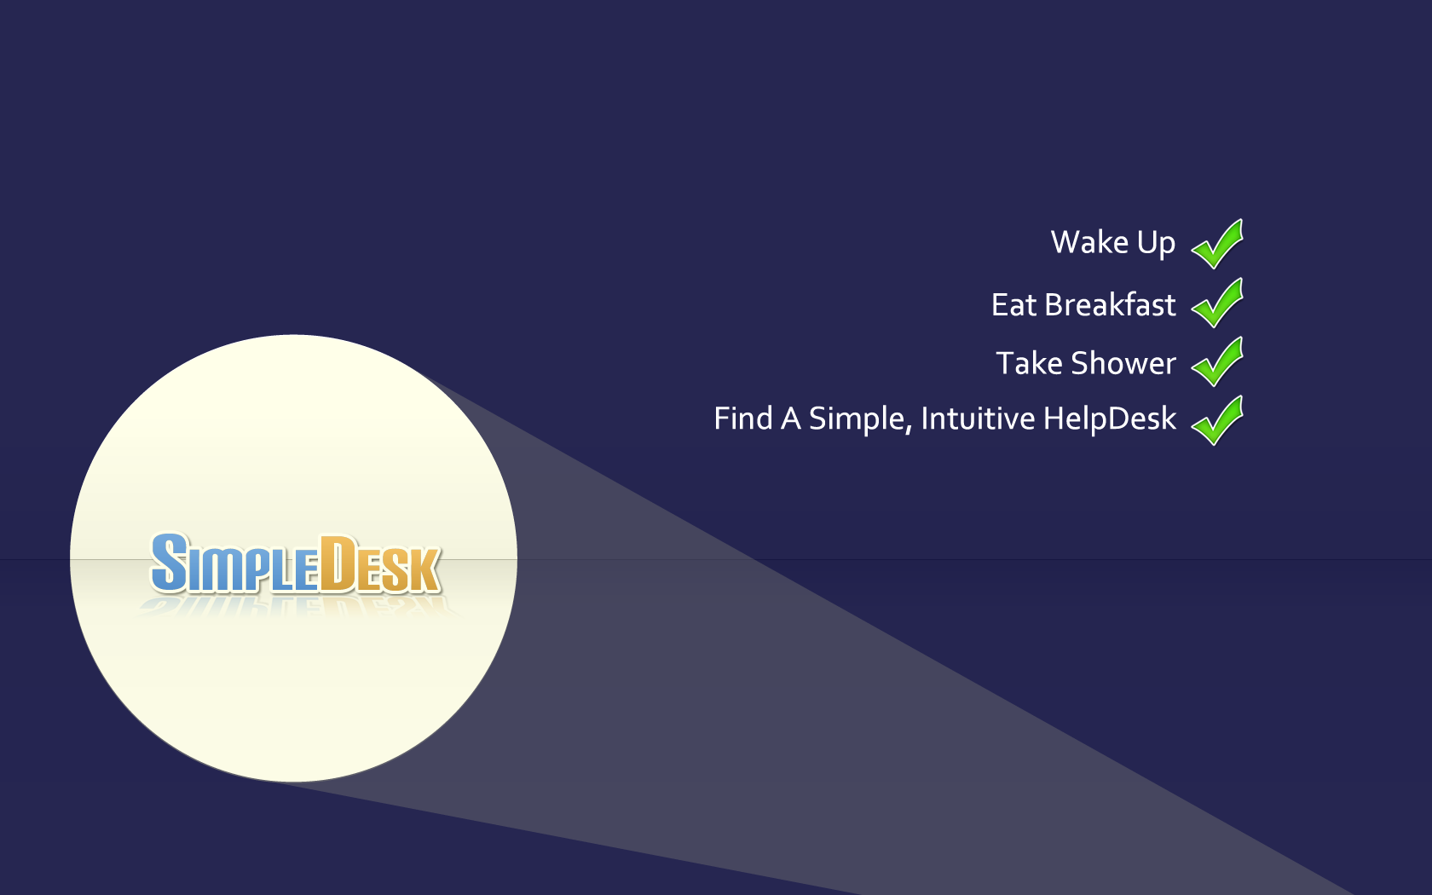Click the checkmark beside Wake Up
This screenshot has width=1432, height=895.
click(x=1217, y=244)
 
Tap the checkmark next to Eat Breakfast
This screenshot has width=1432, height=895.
click(x=1217, y=303)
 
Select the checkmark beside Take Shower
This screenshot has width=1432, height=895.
click(x=1217, y=361)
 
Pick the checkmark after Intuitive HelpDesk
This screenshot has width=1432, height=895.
click(x=1217, y=421)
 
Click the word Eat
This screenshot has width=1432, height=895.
click(x=1013, y=305)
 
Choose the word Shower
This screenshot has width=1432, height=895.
click(x=1123, y=363)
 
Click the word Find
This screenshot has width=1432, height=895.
click(x=743, y=418)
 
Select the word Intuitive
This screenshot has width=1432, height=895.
click(x=978, y=418)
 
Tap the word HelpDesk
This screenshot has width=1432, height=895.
click(x=1110, y=419)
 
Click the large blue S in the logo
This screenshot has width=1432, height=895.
click(x=169, y=563)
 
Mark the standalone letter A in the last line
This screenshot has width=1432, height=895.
click(x=791, y=419)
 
